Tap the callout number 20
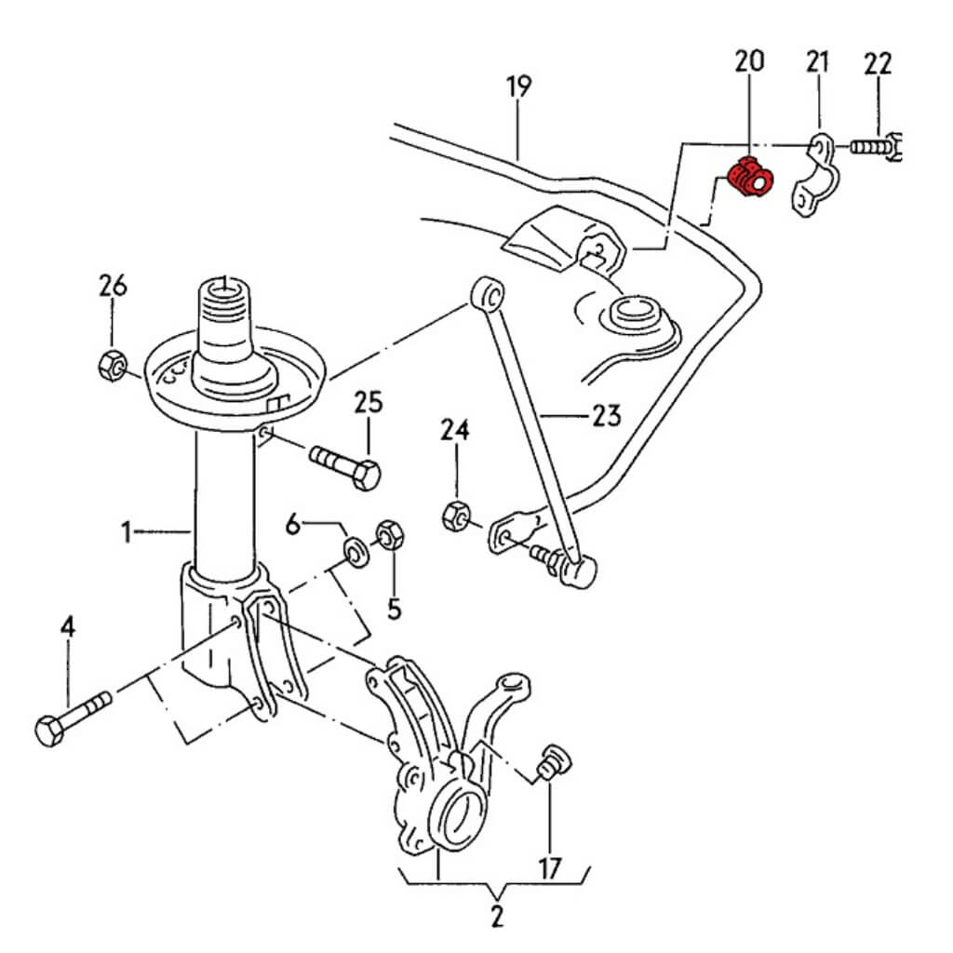[749, 61]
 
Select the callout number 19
[519, 87]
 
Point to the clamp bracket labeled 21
[812, 178]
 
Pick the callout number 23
[606, 414]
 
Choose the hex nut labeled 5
[389, 537]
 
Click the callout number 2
[496, 916]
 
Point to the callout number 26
[113, 286]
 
